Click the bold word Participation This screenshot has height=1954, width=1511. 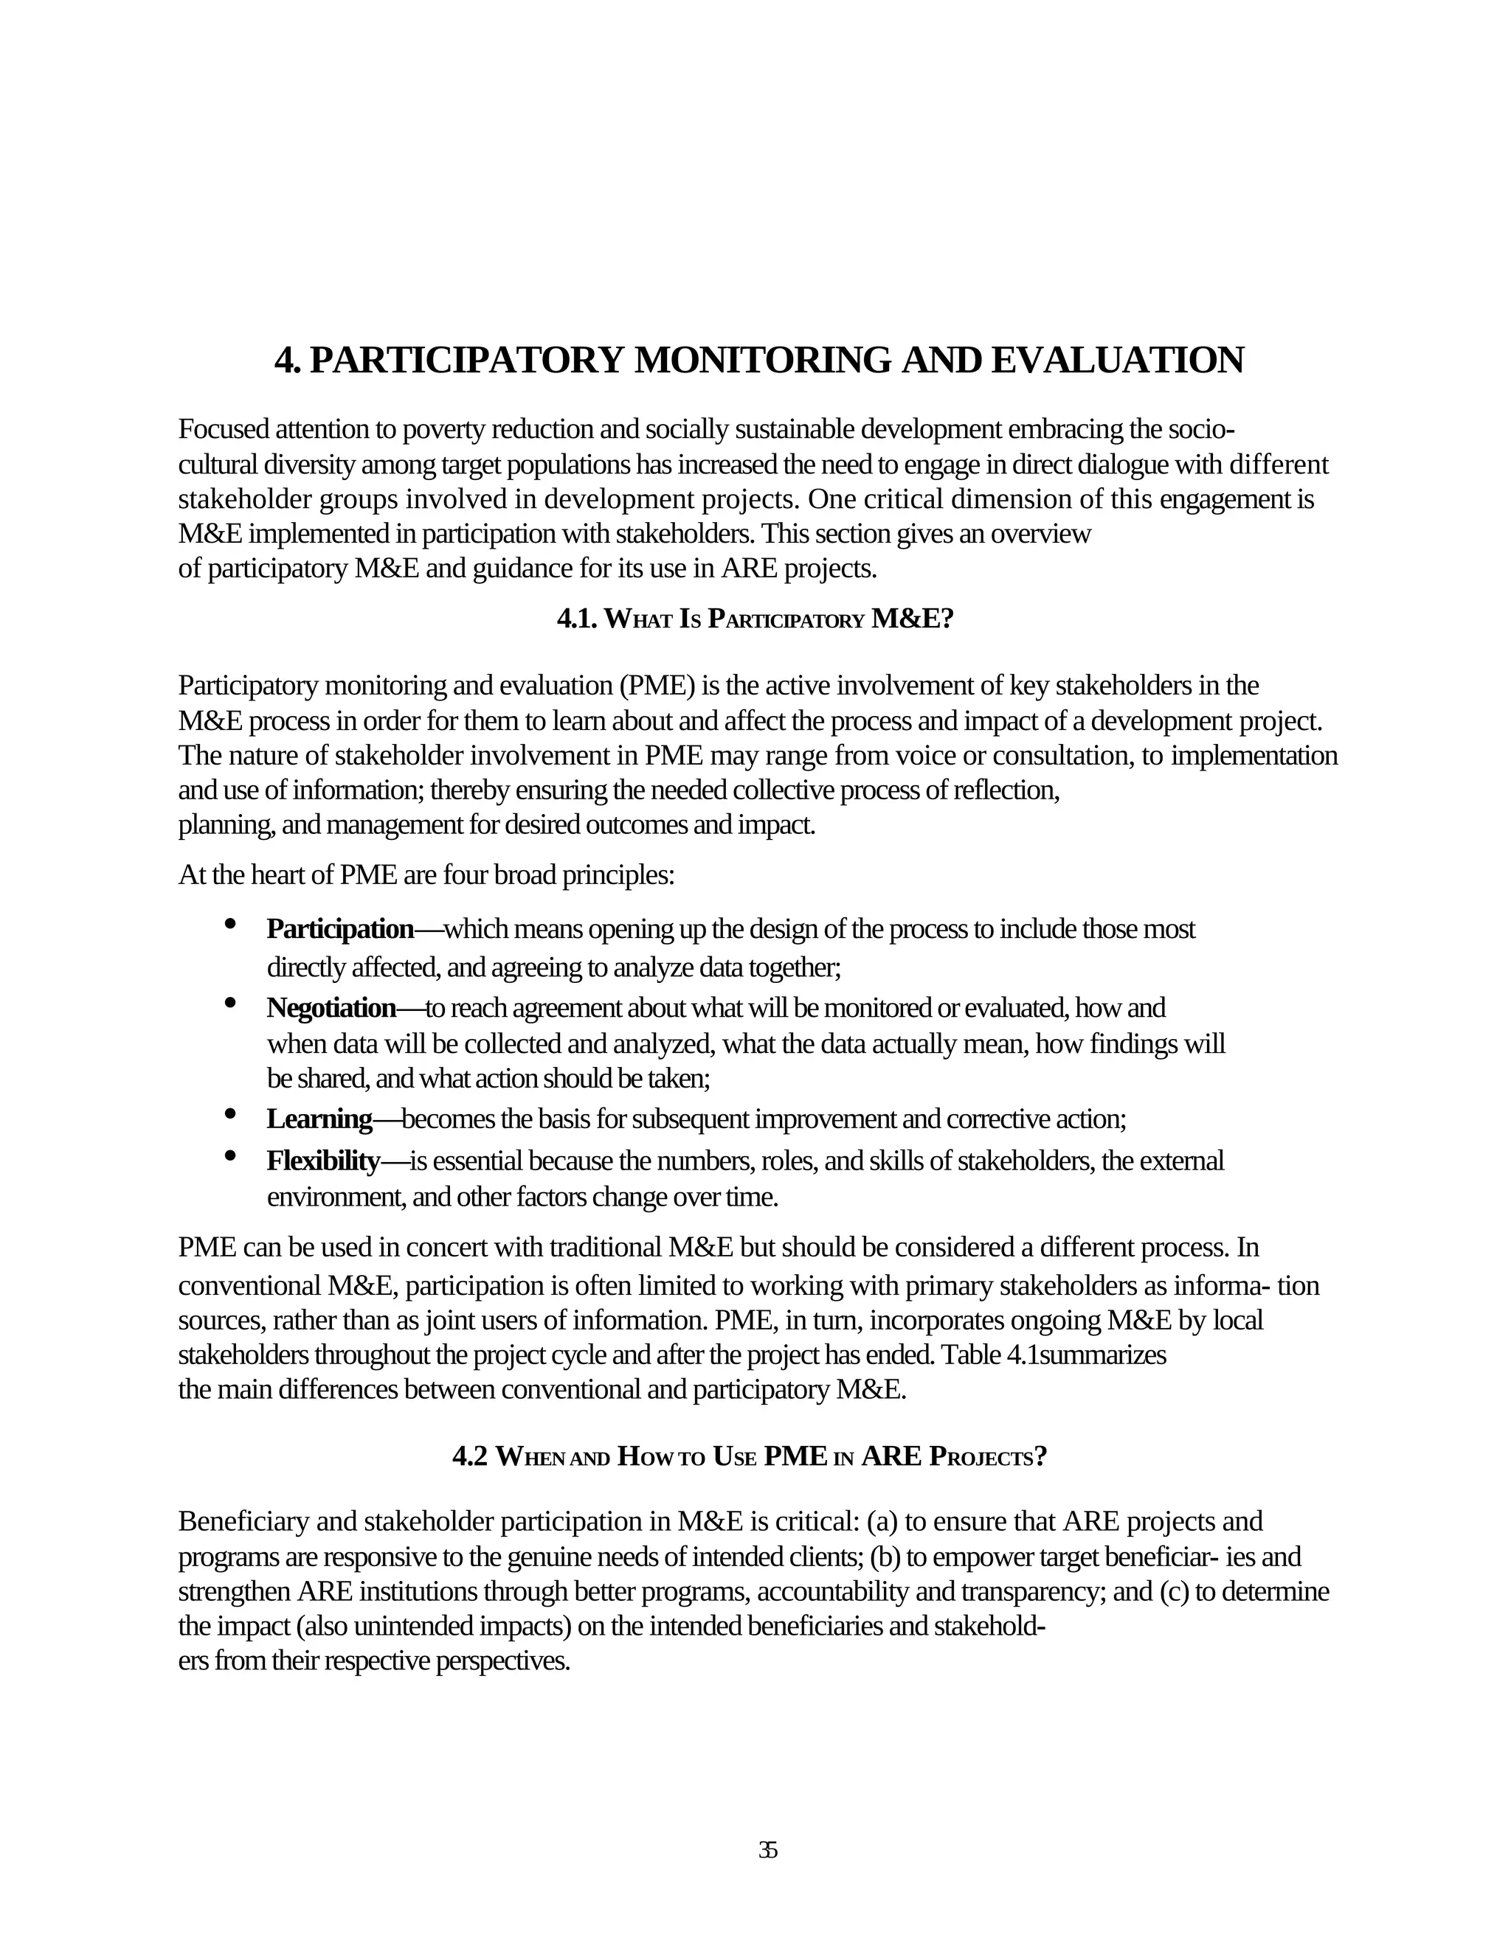[340, 930]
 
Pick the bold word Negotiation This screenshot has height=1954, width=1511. [331, 1008]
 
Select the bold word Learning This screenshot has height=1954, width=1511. [319, 1119]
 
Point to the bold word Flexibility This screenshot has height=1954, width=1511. [323, 1161]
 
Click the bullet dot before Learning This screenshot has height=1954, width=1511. [230, 1114]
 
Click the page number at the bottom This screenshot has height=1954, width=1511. [767, 1850]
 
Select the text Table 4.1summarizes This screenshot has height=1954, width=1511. [1053, 1355]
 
